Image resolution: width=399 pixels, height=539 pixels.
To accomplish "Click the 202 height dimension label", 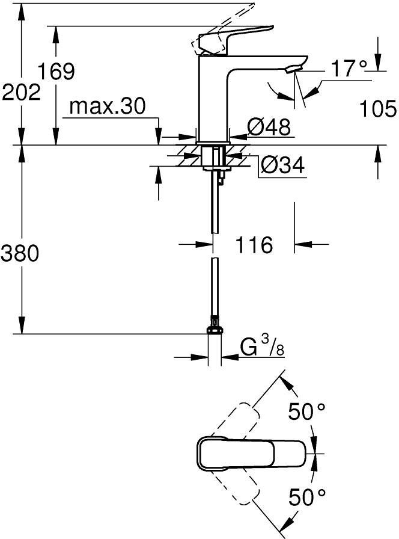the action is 21,93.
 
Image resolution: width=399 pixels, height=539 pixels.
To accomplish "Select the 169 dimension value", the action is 56,72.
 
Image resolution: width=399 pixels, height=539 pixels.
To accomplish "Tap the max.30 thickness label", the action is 108,106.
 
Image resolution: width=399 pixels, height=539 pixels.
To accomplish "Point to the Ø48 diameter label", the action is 269,126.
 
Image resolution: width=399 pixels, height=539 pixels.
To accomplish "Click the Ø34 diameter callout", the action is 282,165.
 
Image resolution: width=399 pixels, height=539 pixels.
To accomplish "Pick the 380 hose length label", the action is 20,254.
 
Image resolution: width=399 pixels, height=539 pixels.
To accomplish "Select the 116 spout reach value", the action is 254,245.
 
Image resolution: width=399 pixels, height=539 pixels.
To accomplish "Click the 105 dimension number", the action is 378,109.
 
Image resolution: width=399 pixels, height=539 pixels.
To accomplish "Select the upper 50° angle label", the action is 306,411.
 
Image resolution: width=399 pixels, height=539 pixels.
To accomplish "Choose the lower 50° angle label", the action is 307,496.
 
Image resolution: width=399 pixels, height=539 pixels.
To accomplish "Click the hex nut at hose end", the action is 215,330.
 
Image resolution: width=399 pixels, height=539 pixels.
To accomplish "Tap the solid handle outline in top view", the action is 251,454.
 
